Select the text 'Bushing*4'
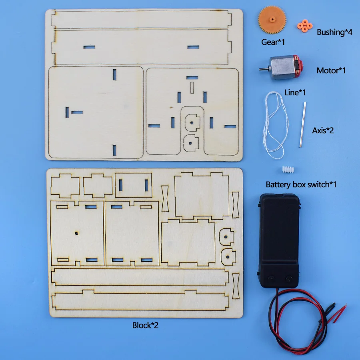tap(334, 32)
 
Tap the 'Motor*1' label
tap(331, 70)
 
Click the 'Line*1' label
tap(295, 92)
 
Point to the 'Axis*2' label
tap(323, 130)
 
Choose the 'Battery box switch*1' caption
tap(301, 184)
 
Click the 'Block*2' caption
tap(145, 325)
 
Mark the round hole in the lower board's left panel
tap(76, 232)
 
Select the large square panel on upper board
tap(96, 112)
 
